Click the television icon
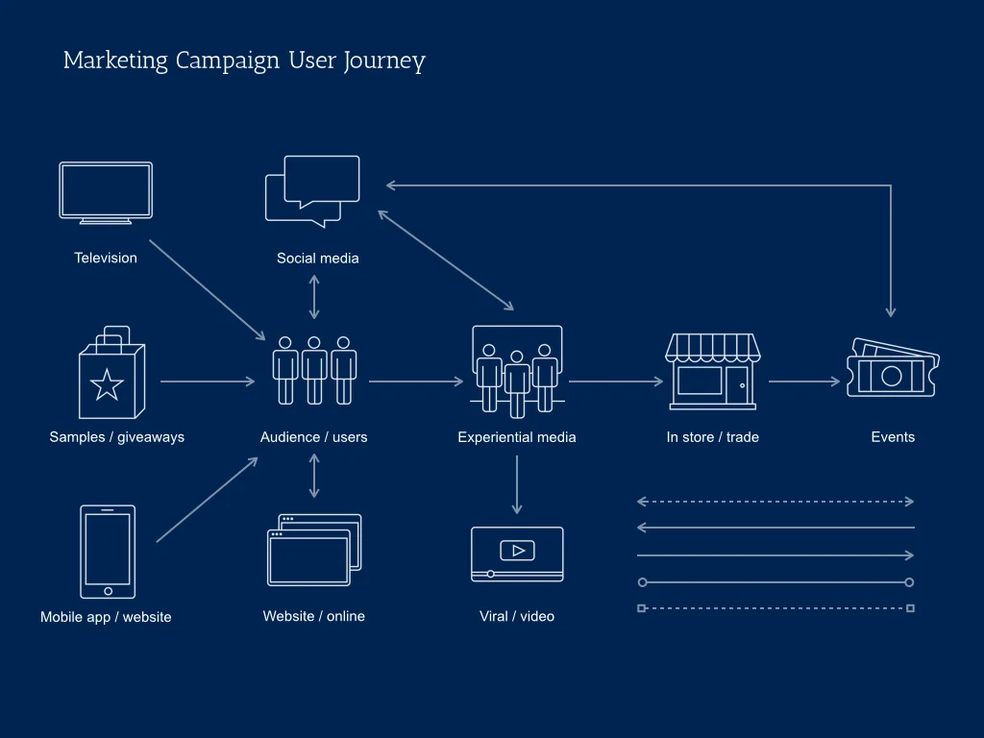coord(106,192)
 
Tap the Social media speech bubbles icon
coord(313,190)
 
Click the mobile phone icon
coord(108,552)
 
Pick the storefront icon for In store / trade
coord(712,372)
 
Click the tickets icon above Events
coord(892,369)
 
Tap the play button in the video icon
coord(517,551)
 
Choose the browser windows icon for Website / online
coord(314,550)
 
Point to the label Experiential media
coord(517,437)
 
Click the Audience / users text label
coord(313,437)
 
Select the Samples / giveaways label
coord(116,437)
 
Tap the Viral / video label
coord(517,616)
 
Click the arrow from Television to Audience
coord(207,289)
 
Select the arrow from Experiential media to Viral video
coord(517,484)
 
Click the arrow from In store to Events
coord(804,381)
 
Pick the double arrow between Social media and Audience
coord(314,297)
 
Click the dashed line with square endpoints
coord(775,608)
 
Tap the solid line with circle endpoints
coord(775,582)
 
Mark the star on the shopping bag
coord(107,385)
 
